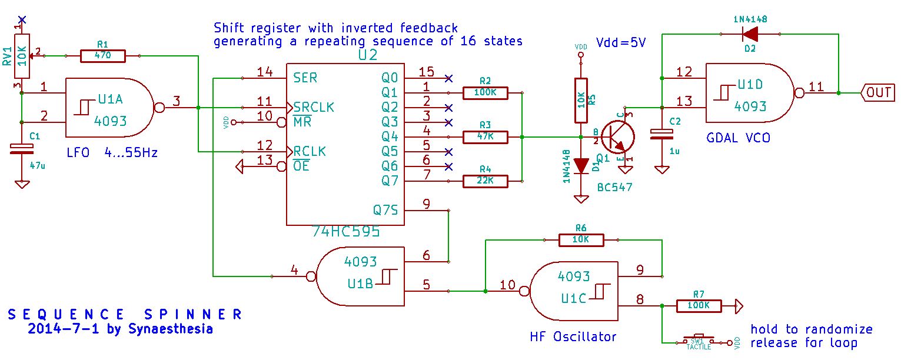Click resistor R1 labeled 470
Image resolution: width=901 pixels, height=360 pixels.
click(x=109, y=56)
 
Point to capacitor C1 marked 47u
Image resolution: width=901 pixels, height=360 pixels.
click(x=22, y=149)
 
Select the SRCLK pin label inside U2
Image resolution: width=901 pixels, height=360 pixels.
click(x=314, y=107)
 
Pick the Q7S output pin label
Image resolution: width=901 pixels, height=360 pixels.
click(x=385, y=209)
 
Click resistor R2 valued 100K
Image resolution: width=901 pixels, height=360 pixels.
click(x=485, y=92)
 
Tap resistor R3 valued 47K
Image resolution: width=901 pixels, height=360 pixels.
click(x=485, y=137)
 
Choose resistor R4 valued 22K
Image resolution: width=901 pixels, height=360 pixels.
click(x=485, y=181)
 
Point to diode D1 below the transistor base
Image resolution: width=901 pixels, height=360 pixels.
click(x=581, y=166)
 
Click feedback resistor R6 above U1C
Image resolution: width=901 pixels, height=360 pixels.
click(x=581, y=240)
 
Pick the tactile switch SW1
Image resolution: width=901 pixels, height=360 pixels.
click(x=698, y=341)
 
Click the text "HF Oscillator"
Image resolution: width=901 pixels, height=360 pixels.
click(x=573, y=336)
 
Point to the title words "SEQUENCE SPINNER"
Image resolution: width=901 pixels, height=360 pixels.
click(x=125, y=314)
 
